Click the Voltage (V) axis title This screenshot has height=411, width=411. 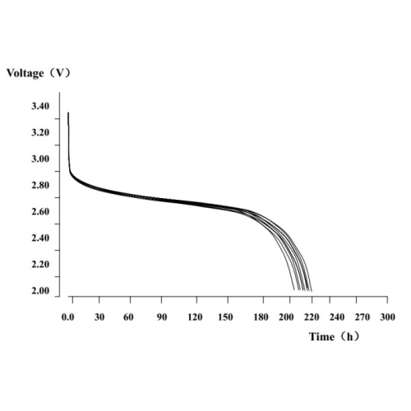click(x=39, y=73)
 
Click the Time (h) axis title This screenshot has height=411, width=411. click(x=334, y=336)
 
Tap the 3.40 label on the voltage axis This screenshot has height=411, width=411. click(x=40, y=106)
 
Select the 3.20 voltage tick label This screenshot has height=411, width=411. click(x=40, y=132)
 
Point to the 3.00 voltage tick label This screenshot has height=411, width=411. click(x=40, y=159)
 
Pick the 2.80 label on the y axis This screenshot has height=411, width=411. click(x=40, y=185)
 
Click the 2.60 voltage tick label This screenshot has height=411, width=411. click(x=40, y=211)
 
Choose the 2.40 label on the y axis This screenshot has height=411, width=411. click(x=40, y=238)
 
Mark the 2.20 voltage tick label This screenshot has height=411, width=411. click(x=40, y=265)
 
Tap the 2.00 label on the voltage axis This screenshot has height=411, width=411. click(x=40, y=291)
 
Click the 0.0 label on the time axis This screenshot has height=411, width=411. click(x=68, y=317)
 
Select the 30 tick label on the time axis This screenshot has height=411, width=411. click(x=99, y=317)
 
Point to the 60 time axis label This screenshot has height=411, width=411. click(x=128, y=317)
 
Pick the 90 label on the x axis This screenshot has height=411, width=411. click(x=162, y=317)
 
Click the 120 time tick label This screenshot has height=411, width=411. click(x=195, y=317)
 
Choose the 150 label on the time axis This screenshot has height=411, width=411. click(x=225, y=317)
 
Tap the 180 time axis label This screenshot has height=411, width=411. click(x=261, y=317)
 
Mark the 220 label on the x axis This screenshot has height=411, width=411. click(x=312, y=317)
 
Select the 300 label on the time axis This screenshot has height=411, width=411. click(x=387, y=317)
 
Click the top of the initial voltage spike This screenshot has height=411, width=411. click(x=68, y=113)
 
